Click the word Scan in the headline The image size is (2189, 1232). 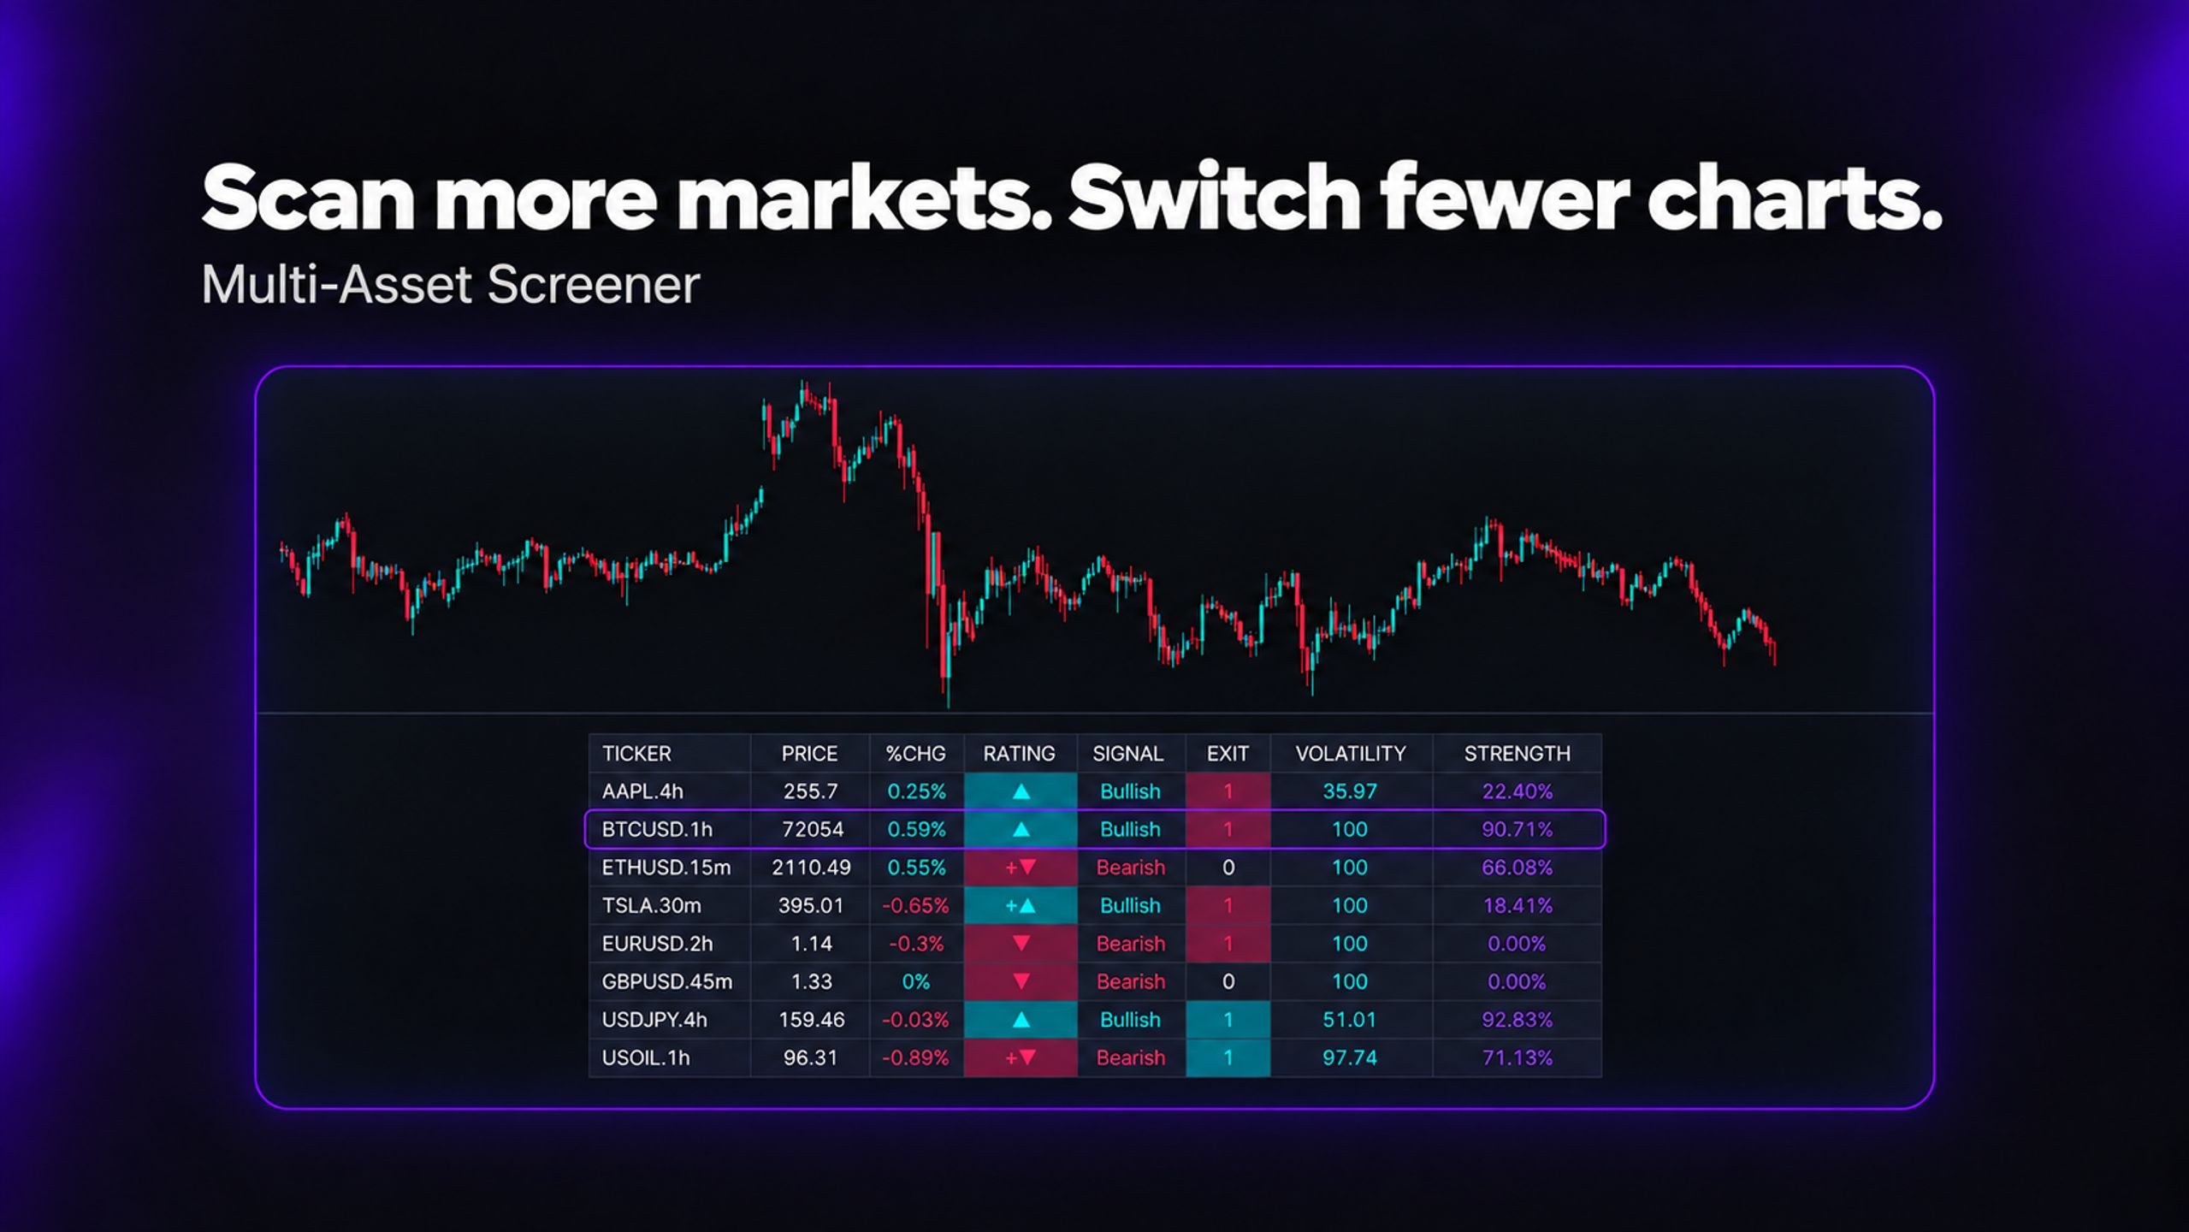click(308, 198)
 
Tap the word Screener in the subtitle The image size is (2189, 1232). click(593, 284)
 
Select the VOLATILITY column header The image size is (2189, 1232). click(1350, 754)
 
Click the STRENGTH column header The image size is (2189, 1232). click(1517, 754)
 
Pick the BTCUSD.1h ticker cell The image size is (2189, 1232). click(656, 829)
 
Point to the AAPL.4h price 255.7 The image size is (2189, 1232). click(810, 791)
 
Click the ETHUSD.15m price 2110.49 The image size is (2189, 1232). click(811, 868)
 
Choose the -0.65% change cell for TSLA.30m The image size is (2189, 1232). click(915, 905)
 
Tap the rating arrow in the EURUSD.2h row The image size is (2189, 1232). click(1021, 944)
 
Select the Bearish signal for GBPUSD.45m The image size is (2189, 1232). click(1130, 981)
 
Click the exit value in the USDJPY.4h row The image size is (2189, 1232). click(1228, 1020)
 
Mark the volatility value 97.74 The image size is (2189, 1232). click(1350, 1057)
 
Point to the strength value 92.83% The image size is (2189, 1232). click(1517, 1020)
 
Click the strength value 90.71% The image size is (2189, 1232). click(1517, 829)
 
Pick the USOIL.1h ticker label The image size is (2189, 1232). click(645, 1057)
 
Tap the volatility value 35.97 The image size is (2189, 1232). click(1350, 791)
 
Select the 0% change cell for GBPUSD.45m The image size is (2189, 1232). click(915, 981)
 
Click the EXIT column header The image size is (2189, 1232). click(1228, 754)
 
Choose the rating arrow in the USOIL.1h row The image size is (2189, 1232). click(1021, 1057)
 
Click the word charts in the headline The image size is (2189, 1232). click(1794, 198)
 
